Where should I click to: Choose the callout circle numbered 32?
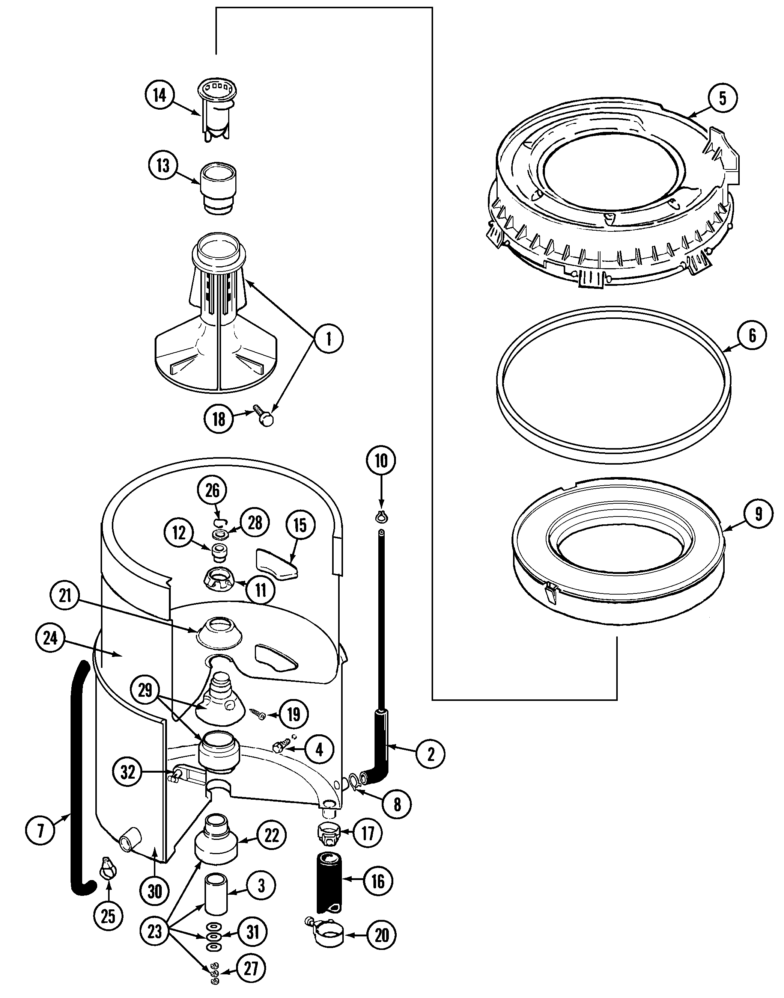click(128, 772)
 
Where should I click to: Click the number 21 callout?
click(65, 596)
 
